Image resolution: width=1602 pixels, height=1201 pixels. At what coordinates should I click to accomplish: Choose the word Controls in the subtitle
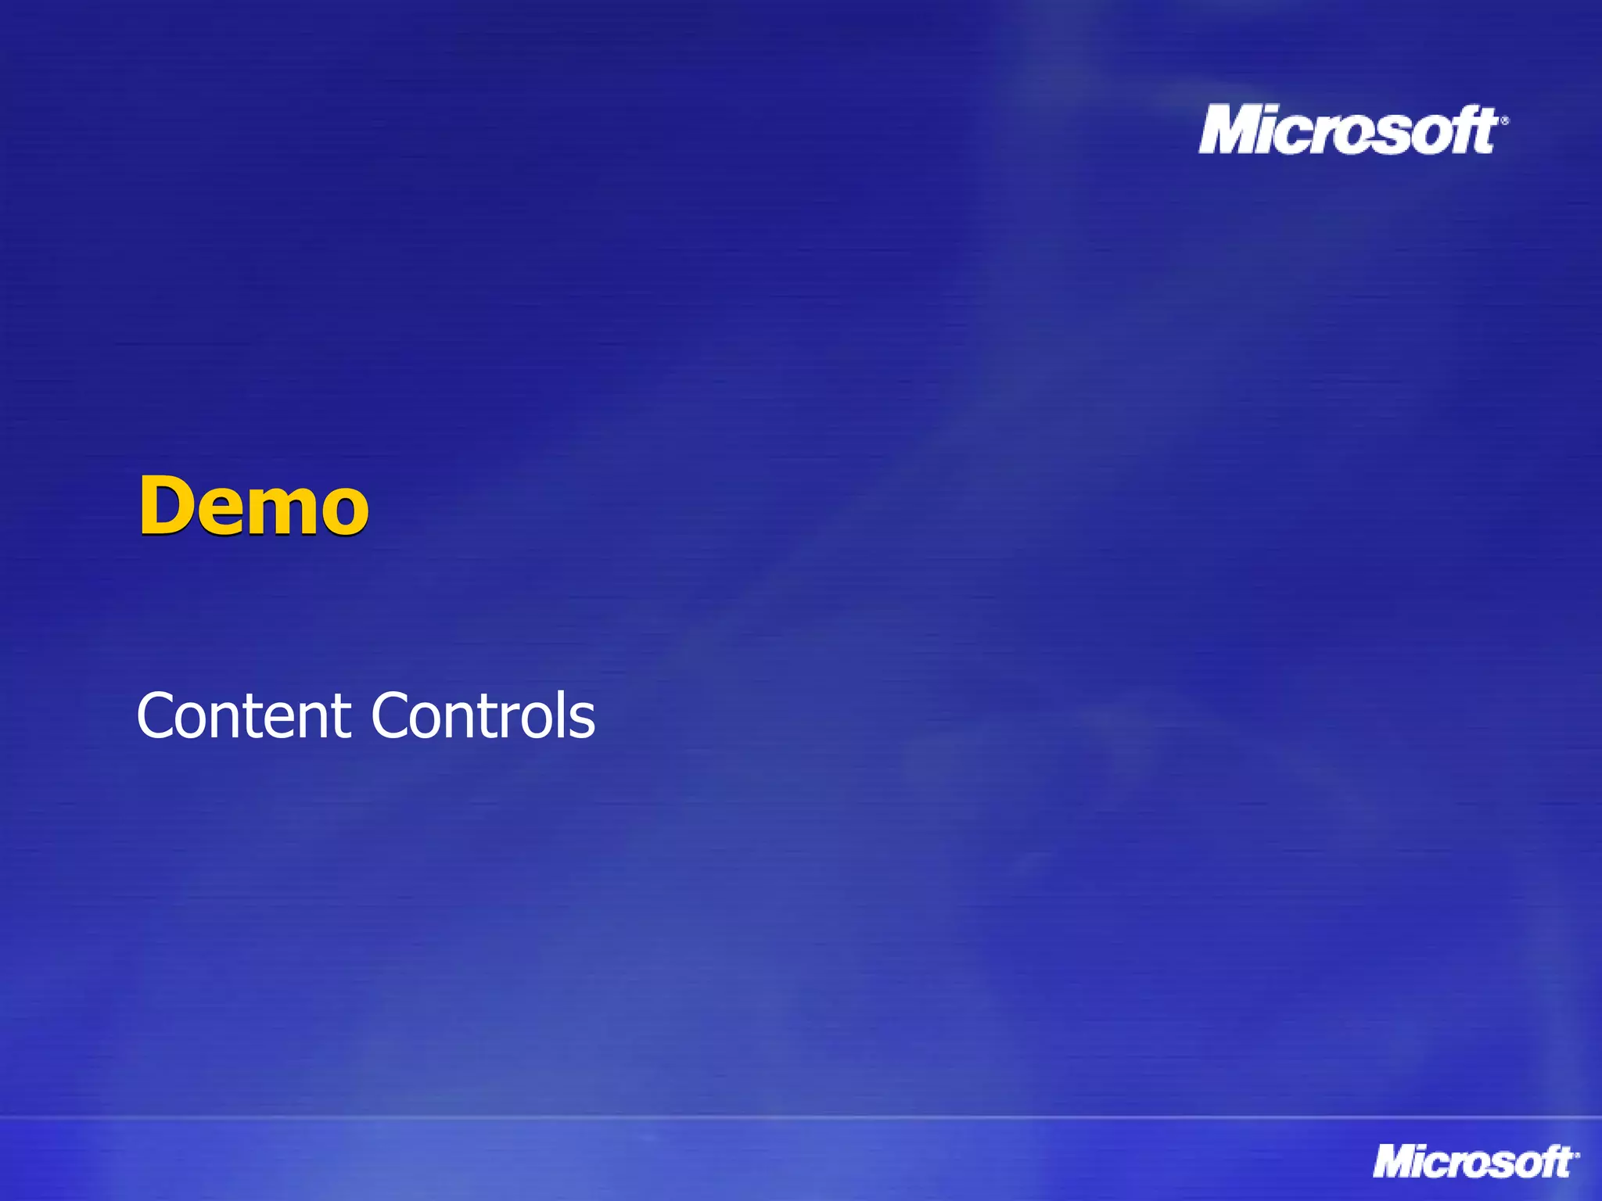(483, 715)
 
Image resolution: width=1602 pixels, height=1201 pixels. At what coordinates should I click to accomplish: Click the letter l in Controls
(564, 713)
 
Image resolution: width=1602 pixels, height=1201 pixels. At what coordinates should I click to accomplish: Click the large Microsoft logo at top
(1349, 131)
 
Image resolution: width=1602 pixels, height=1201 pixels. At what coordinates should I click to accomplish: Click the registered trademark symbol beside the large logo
(1504, 120)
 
